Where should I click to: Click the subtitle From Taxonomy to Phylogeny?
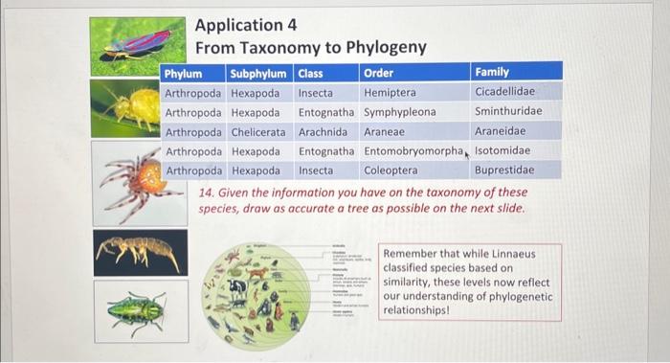pyautogui.click(x=310, y=47)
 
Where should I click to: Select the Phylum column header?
pyautogui.click(x=183, y=73)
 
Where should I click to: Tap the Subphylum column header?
pyautogui.click(x=257, y=73)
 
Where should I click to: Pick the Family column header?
pyautogui.click(x=492, y=72)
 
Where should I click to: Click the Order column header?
pyautogui.click(x=378, y=73)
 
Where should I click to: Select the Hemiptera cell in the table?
pyautogui.click(x=390, y=93)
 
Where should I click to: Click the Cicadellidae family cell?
pyautogui.click(x=504, y=92)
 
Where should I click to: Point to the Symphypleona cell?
pyautogui.click(x=399, y=112)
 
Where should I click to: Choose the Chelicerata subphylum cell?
pyautogui.click(x=259, y=132)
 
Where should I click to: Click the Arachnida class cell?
pyautogui.click(x=324, y=132)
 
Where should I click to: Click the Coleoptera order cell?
pyautogui.click(x=391, y=170)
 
